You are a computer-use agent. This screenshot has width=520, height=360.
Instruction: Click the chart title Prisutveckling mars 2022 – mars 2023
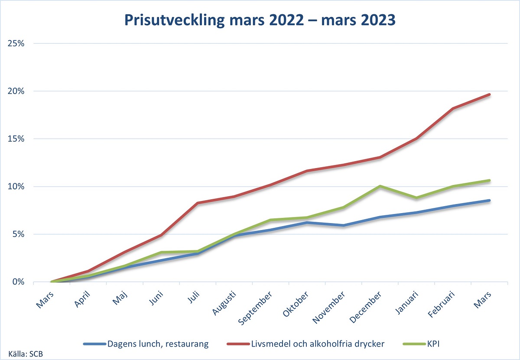click(x=260, y=20)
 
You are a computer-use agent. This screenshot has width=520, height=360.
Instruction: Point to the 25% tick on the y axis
click(x=18, y=44)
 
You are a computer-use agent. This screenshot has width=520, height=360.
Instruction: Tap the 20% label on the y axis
click(x=18, y=91)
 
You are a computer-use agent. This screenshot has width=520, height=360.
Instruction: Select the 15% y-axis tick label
click(x=18, y=139)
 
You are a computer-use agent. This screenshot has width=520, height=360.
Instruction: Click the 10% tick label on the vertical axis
click(x=18, y=187)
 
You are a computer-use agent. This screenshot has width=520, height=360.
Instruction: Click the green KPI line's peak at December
click(x=380, y=186)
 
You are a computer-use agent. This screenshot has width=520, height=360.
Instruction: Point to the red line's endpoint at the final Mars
click(x=490, y=94)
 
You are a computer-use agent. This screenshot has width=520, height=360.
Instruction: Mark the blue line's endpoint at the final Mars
click(x=490, y=201)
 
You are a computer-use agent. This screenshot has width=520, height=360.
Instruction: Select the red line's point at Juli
click(x=198, y=203)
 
